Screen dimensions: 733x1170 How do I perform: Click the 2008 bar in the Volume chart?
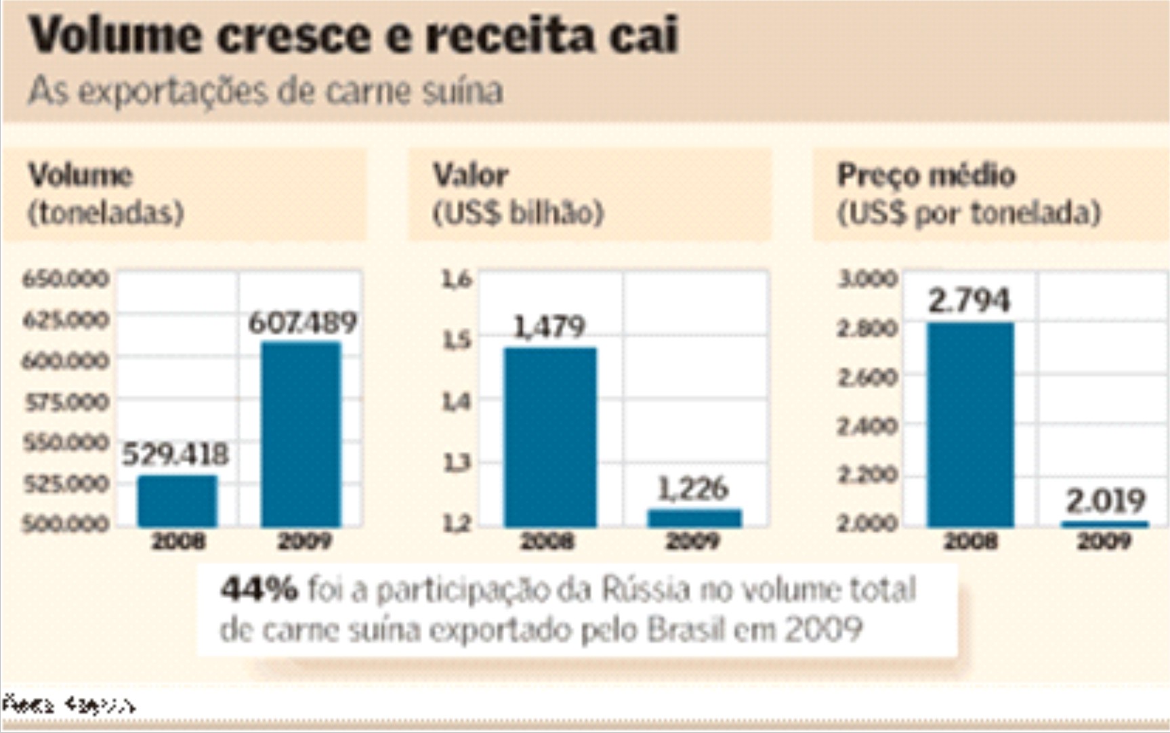click(x=177, y=501)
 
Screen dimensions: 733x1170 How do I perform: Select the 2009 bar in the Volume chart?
click(x=301, y=434)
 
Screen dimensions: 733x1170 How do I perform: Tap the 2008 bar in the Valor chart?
click(x=550, y=437)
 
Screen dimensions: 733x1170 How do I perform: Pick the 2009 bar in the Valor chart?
click(x=694, y=518)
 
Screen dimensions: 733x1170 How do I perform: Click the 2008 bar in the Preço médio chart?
click(x=970, y=425)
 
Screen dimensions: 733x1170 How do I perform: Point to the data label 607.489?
click(x=302, y=322)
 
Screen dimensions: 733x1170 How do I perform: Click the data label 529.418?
click(x=175, y=454)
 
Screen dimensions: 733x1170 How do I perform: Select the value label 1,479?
click(x=549, y=327)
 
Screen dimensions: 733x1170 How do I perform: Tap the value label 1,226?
click(x=693, y=488)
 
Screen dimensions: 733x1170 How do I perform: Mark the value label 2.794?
click(x=969, y=300)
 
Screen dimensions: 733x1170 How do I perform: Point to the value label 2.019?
click(x=1106, y=501)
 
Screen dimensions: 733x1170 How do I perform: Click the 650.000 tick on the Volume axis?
click(x=65, y=278)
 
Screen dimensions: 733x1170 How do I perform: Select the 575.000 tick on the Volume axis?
click(x=66, y=402)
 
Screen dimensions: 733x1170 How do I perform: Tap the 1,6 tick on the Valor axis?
click(x=457, y=278)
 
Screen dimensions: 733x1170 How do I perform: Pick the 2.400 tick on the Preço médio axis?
click(x=867, y=426)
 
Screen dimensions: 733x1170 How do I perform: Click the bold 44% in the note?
click(x=259, y=589)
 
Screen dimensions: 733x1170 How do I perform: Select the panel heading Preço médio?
click(x=926, y=175)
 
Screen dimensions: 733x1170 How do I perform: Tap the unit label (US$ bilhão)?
click(x=518, y=213)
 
